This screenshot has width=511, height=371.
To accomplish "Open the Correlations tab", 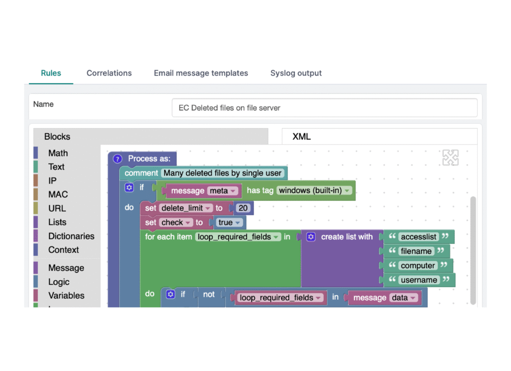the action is coord(109,73).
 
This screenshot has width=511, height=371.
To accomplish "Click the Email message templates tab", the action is coord(201,73).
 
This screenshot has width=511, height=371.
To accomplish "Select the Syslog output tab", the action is coord(296,73).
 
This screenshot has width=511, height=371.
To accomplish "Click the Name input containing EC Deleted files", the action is coord(324,108).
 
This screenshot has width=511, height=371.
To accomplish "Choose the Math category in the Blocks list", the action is coord(58,153).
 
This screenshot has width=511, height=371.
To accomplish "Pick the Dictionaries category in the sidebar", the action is coord(71,236).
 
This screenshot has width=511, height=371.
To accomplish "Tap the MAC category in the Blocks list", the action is coord(58,194).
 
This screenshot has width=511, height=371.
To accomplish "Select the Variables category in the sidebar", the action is coord(66,295).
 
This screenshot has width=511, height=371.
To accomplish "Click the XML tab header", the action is coord(301,137).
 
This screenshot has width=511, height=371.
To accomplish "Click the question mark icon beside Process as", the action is coord(117,159).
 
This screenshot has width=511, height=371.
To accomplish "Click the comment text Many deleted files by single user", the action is coord(222,173).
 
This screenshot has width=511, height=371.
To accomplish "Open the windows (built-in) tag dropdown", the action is coord(314,190).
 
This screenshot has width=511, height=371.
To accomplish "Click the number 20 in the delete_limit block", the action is coord(243,208).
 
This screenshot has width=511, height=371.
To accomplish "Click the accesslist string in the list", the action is coord(419,237).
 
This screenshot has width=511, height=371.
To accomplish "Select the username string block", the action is coord(419,280).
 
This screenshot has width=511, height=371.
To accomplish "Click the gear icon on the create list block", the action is coord(311,237).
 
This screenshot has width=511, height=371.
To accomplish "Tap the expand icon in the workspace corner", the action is coord(451,158).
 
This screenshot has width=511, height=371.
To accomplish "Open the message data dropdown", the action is coord(404,298).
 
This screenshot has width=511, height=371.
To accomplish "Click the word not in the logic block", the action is coord(209,294).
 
